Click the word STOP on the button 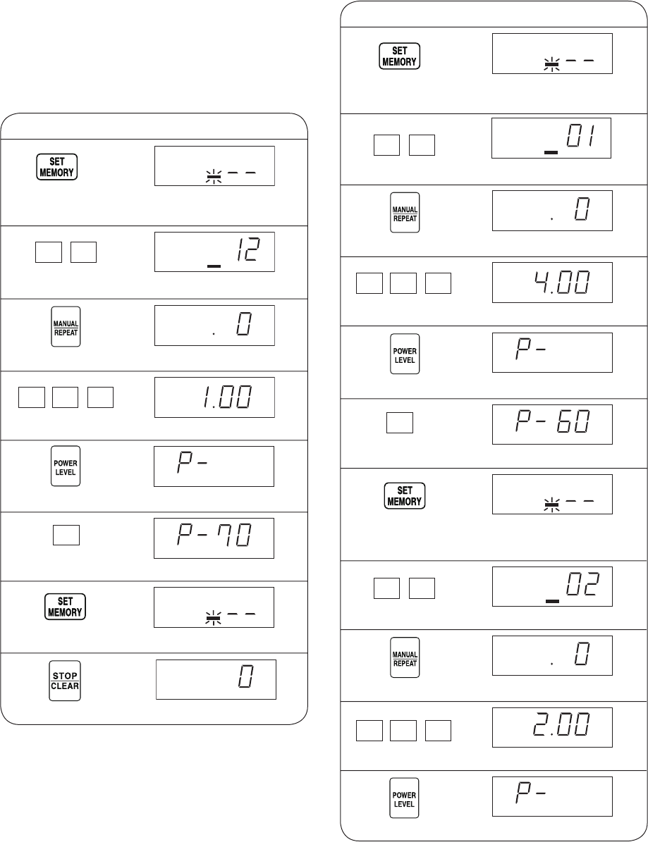pyautogui.click(x=64, y=676)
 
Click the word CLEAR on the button pyautogui.click(x=64, y=686)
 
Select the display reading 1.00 pyautogui.click(x=214, y=397)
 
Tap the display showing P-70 pyautogui.click(x=214, y=538)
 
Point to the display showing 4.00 pyautogui.click(x=552, y=283)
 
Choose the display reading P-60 pyautogui.click(x=552, y=424)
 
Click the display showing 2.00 pyautogui.click(x=552, y=727)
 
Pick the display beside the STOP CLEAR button pyautogui.click(x=216, y=679)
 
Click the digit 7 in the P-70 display pyautogui.click(x=226, y=535)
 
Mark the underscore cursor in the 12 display pyautogui.click(x=214, y=266)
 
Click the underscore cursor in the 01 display pyautogui.click(x=551, y=152)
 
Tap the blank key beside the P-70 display pyautogui.click(x=66, y=535)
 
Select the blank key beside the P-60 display pyautogui.click(x=400, y=423)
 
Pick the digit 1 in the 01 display pyautogui.click(x=591, y=135)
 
